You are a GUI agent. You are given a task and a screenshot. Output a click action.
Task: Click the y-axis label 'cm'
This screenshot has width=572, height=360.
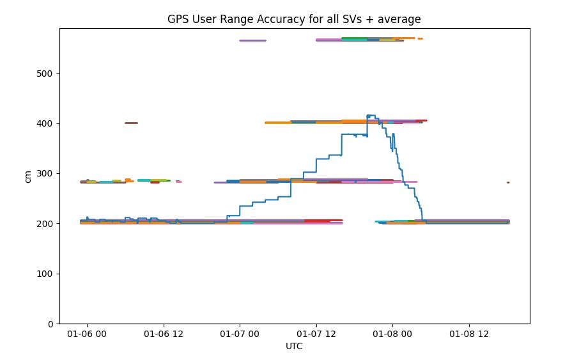coord(27,176)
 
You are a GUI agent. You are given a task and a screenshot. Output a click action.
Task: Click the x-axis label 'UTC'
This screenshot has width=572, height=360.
coord(295,347)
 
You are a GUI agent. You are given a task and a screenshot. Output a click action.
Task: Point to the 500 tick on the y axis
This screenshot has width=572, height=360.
coord(46,73)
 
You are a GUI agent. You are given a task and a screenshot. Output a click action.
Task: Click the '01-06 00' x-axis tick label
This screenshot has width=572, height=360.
coord(87,334)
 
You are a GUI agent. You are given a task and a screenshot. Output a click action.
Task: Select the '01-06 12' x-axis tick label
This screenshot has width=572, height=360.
coord(164,334)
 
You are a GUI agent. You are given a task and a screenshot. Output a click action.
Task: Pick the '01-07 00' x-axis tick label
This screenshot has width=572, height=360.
coord(240,334)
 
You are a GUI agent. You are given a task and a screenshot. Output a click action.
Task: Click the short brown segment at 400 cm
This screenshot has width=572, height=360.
coord(131,123)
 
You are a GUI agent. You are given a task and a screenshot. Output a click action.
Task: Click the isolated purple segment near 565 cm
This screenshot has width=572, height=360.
coord(252,40)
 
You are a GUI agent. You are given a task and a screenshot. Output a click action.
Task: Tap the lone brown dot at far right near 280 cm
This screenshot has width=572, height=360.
coord(508,182)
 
